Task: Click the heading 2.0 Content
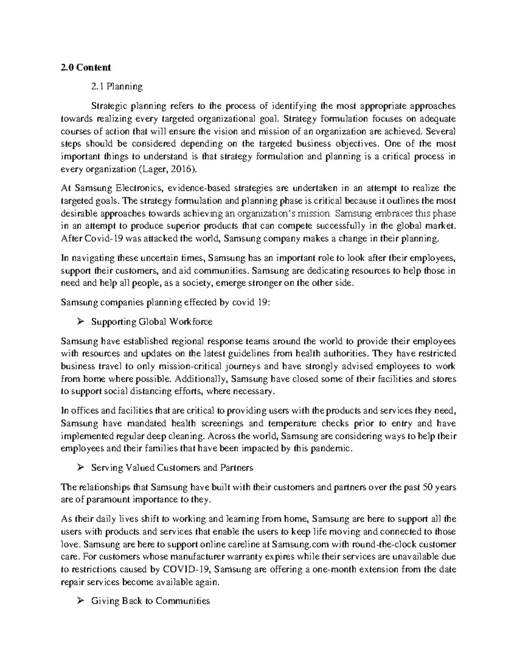tap(86, 67)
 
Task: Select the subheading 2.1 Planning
tap(116, 87)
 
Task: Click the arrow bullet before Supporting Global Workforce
tap(80, 322)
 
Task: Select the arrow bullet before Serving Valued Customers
tap(80, 468)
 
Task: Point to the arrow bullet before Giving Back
tap(80, 601)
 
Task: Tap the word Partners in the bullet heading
tap(237, 468)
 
